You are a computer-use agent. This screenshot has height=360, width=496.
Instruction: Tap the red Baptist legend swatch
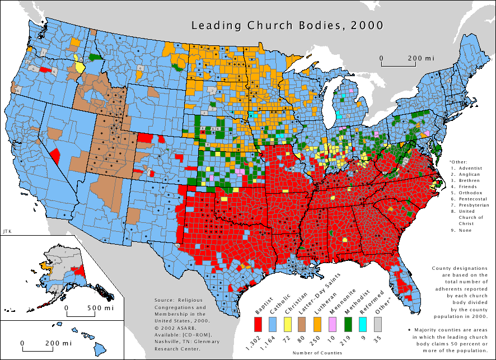pos(258,324)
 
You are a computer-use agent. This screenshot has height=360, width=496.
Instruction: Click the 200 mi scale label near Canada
pos(421,58)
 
